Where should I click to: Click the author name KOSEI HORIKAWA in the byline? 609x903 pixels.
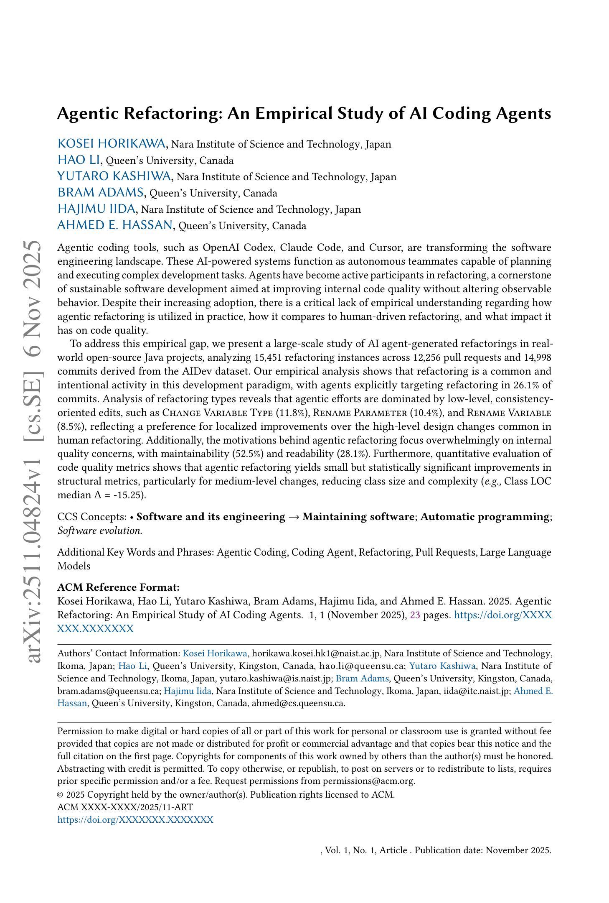pyautogui.click(x=112, y=144)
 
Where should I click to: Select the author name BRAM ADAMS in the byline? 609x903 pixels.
pyautogui.click(x=100, y=193)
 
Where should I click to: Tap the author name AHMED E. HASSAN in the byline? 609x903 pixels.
pyautogui.click(x=114, y=225)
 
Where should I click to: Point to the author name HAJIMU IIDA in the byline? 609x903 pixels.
pyautogui.click(x=96, y=209)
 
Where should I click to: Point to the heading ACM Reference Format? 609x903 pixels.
pyautogui.click(x=118, y=587)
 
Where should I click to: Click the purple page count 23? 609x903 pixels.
pyautogui.click(x=415, y=615)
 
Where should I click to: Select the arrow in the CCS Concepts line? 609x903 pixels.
pyautogui.click(x=294, y=517)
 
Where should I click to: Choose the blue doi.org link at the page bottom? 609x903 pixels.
pyautogui.click(x=135, y=819)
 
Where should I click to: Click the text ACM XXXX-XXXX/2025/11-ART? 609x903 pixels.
pyautogui.click(x=125, y=807)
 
